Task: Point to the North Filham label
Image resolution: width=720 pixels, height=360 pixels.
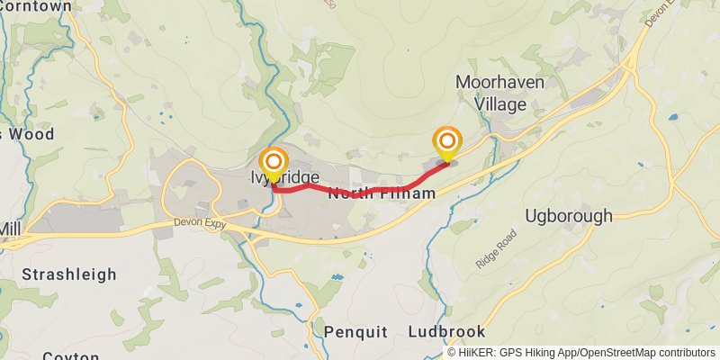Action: click(382, 193)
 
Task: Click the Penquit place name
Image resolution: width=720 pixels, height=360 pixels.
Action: click(355, 332)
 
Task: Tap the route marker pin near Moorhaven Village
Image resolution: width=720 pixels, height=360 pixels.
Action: click(447, 144)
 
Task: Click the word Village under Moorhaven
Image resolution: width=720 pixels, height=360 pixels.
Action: click(500, 104)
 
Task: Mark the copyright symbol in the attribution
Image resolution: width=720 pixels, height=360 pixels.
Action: click(452, 353)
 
